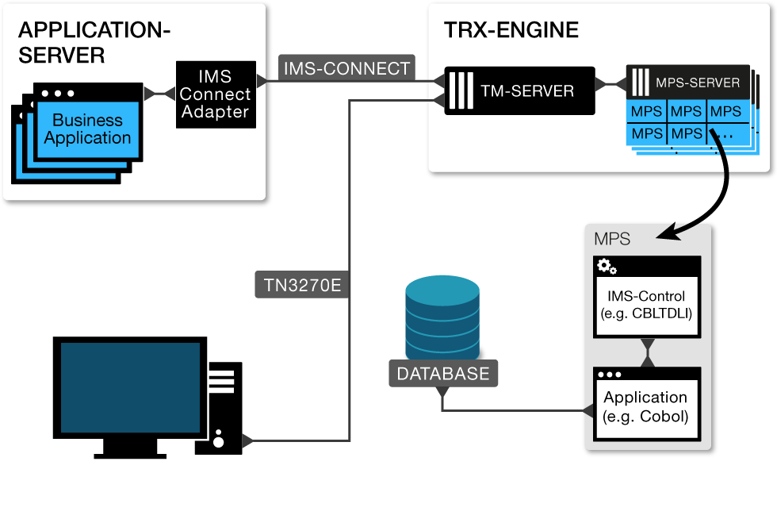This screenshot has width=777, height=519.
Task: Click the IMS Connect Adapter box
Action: pyautogui.click(x=216, y=94)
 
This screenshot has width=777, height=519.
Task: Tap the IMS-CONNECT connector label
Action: pyautogui.click(x=346, y=69)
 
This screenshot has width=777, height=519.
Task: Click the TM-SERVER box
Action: pyautogui.click(x=519, y=90)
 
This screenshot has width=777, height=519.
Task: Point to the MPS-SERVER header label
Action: pyautogui.click(x=697, y=82)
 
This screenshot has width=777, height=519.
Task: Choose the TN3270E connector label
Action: pyautogui.click(x=302, y=285)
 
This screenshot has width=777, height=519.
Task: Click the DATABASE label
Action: pyautogui.click(x=443, y=374)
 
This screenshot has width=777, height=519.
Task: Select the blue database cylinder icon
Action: pyautogui.click(x=442, y=318)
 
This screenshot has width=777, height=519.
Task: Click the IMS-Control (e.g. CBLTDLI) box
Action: pyautogui.click(x=646, y=305)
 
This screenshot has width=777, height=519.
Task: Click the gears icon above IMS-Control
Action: pyautogui.click(x=607, y=266)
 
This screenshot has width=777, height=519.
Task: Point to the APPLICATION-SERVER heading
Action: pyautogui.click(x=94, y=43)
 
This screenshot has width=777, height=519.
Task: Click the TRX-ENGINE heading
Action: pyautogui.click(x=511, y=31)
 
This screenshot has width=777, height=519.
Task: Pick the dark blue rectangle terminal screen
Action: pyautogui.click(x=130, y=387)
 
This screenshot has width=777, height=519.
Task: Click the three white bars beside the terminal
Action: pyautogui.click(x=221, y=382)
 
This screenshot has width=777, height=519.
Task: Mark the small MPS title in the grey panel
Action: pyautogui.click(x=611, y=238)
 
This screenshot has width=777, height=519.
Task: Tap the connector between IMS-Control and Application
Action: pyautogui.click(x=648, y=353)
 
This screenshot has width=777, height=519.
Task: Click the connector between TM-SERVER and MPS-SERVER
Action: pyautogui.click(x=610, y=83)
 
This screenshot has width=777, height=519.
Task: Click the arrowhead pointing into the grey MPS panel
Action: pyautogui.click(x=674, y=232)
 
